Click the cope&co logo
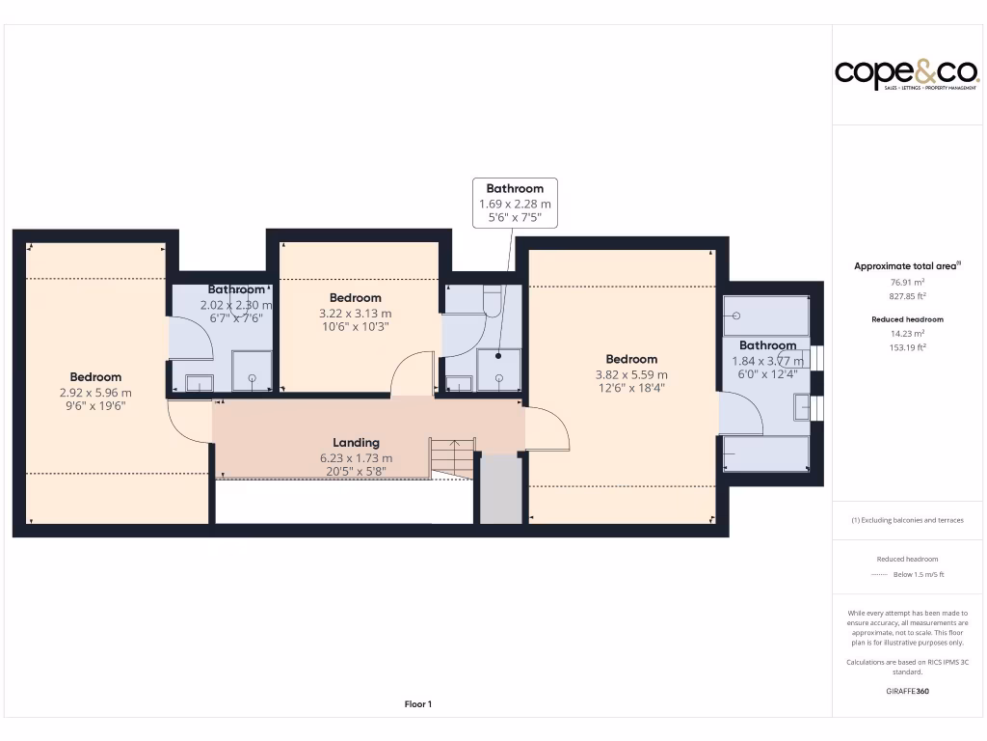coord(906,73)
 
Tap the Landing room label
coord(356,443)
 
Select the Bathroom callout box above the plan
coord(515,203)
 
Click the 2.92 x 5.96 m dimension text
coord(95,393)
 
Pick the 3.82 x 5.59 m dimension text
coord(631,374)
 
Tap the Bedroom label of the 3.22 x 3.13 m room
coord(355,298)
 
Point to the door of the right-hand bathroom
coord(740,414)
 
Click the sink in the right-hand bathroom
coord(802,407)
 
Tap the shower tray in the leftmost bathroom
coord(252,371)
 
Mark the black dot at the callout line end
coord(499,356)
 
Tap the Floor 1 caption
coord(417,704)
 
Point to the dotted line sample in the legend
coord(877,574)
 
